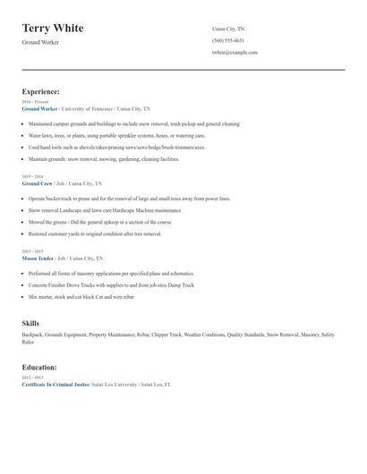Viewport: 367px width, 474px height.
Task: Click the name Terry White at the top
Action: pyautogui.click(x=53, y=29)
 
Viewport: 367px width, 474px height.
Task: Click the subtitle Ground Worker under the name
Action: pyautogui.click(x=40, y=42)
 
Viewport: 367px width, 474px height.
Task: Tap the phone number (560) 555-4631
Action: pyautogui.click(x=227, y=40)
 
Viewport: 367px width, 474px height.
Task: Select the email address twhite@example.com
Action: pyautogui.click(x=235, y=52)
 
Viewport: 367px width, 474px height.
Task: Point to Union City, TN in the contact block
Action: pyautogui.click(x=229, y=29)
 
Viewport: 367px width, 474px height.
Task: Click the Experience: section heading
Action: pyautogui.click(x=41, y=91)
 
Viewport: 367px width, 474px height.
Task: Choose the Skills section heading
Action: pyautogui.click(x=30, y=323)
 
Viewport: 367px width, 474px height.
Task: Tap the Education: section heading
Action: pyautogui.click(x=39, y=367)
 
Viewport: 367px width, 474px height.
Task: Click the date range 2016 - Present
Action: pyautogui.click(x=35, y=102)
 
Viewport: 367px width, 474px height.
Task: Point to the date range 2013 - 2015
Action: pyautogui.click(x=32, y=252)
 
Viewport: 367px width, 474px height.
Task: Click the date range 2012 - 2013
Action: pyautogui.click(x=32, y=377)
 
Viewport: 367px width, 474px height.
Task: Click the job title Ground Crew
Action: pyautogui.click(x=38, y=183)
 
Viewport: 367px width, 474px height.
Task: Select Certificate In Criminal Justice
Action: pyautogui.click(x=55, y=384)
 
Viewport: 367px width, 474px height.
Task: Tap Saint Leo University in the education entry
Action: pyautogui.click(x=115, y=384)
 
